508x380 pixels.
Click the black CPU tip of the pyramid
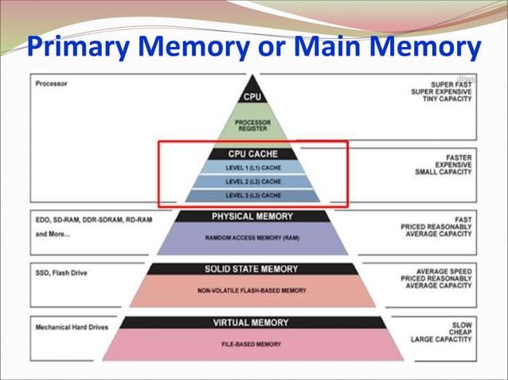point(252,95)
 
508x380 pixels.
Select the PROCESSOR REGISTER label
point(252,126)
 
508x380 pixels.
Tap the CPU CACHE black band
point(252,154)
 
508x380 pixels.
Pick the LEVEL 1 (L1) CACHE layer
point(252,168)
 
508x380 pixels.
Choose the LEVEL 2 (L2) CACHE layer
point(252,181)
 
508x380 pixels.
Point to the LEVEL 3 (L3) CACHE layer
point(252,195)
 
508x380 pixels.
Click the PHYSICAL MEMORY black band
point(252,215)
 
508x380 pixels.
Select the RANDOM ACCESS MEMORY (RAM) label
point(252,237)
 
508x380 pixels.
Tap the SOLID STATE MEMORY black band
point(252,269)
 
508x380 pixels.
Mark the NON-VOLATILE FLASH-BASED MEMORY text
point(252,290)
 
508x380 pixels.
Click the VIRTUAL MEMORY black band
point(252,322)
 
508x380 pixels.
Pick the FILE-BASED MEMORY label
point(252,343)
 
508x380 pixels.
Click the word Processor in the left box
point(52,83)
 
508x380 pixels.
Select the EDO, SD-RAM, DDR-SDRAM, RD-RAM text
point(93,219)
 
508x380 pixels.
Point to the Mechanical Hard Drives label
point(73,326)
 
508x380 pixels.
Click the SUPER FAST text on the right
point(451,83)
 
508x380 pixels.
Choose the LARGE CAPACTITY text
point(441,339)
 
